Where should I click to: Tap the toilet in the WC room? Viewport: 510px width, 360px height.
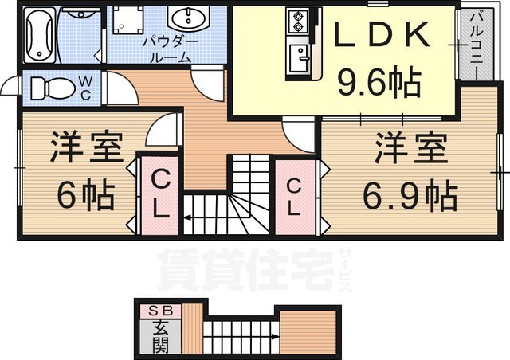click(x=50, y=87)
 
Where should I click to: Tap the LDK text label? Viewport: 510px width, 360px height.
click(x=383, y=37)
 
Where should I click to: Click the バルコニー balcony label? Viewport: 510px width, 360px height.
click(x=472, y=44)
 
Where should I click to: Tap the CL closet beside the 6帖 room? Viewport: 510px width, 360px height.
click(x=159, y=194)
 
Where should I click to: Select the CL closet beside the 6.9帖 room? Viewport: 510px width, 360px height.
click(x=293, y=197)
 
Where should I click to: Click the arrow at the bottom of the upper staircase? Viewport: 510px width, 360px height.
click(x=193, y=215)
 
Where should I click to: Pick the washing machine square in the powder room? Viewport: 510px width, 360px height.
click(x=126, y=23)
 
